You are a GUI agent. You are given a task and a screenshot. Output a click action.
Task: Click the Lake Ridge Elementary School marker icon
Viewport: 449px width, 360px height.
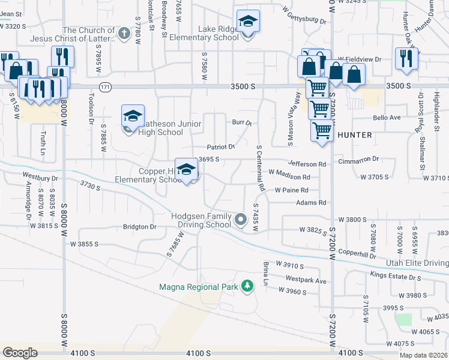tap(248, 22)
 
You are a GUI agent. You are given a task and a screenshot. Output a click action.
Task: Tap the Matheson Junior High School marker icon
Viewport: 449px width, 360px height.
tap(133, 116)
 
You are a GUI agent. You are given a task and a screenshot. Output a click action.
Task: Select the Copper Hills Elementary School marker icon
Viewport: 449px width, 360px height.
tap(187, 170)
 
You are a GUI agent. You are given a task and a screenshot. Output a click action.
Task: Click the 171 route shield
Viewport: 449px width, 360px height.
tap(106, 87)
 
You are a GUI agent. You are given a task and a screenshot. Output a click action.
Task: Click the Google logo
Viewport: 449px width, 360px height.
tap(20, 353)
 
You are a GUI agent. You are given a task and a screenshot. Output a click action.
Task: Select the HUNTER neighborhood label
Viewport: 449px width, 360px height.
tap(355, 135)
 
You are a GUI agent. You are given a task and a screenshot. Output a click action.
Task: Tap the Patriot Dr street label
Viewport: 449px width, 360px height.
tap(220, 147)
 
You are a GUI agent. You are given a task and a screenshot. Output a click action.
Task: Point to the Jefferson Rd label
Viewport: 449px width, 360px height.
tap(307, 163)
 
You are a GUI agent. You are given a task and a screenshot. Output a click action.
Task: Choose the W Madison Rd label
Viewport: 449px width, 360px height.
tap(289, 177)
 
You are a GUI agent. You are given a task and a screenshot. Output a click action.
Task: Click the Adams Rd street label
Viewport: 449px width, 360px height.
tap(311, 203)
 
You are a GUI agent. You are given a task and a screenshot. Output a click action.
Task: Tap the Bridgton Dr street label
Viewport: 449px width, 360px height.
tap(139, 227)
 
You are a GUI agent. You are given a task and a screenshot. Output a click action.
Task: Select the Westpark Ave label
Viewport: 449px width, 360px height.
tap(306, 280)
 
